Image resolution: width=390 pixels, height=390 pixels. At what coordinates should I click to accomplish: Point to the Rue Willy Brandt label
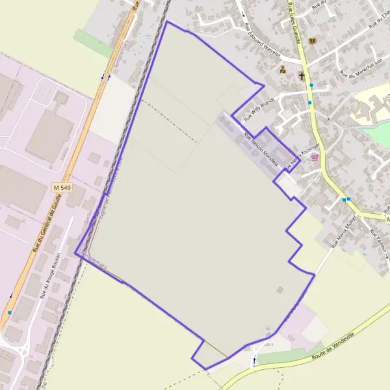click(x=259, y=111)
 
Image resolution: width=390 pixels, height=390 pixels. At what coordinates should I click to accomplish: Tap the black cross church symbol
click(x=301, y=75)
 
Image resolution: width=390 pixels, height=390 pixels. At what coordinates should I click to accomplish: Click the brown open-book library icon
click(x=313, y=41)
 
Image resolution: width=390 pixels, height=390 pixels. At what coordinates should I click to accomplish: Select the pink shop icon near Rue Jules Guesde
click(x=315, y=157)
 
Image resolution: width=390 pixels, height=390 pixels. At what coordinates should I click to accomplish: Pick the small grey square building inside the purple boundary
click(x=279, y=290)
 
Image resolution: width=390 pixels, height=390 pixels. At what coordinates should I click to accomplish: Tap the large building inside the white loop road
click(x=48, y=137)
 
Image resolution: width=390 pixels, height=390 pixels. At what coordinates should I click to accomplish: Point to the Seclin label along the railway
click(x=88, y=215)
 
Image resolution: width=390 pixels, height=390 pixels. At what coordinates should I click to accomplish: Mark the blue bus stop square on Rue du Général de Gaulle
click(x=9, y=313)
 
